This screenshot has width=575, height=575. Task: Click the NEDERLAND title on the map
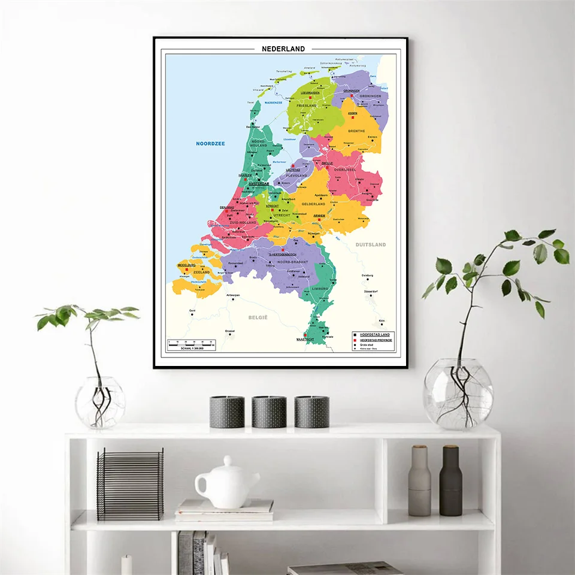[x=283, y=49]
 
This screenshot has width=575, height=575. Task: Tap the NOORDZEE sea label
[x=209, y=143]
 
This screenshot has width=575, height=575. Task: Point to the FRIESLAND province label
[x=306, y=105]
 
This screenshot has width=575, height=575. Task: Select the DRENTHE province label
[x=356, y=131]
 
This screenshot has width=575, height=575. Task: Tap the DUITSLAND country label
[x=371, y=244]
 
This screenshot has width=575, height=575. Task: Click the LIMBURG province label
[x=320, y=289]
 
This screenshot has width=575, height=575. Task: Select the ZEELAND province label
[x=201, y=273]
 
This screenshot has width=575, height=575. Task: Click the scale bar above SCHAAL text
[x=190, y=344]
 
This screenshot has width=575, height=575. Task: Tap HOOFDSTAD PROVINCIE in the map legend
[x=376, y=340]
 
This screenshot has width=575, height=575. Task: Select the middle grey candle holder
[x=269, y=411]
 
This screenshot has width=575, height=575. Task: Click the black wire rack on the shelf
[x=130, y=484]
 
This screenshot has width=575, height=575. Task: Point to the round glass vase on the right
[x=458, y=394]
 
